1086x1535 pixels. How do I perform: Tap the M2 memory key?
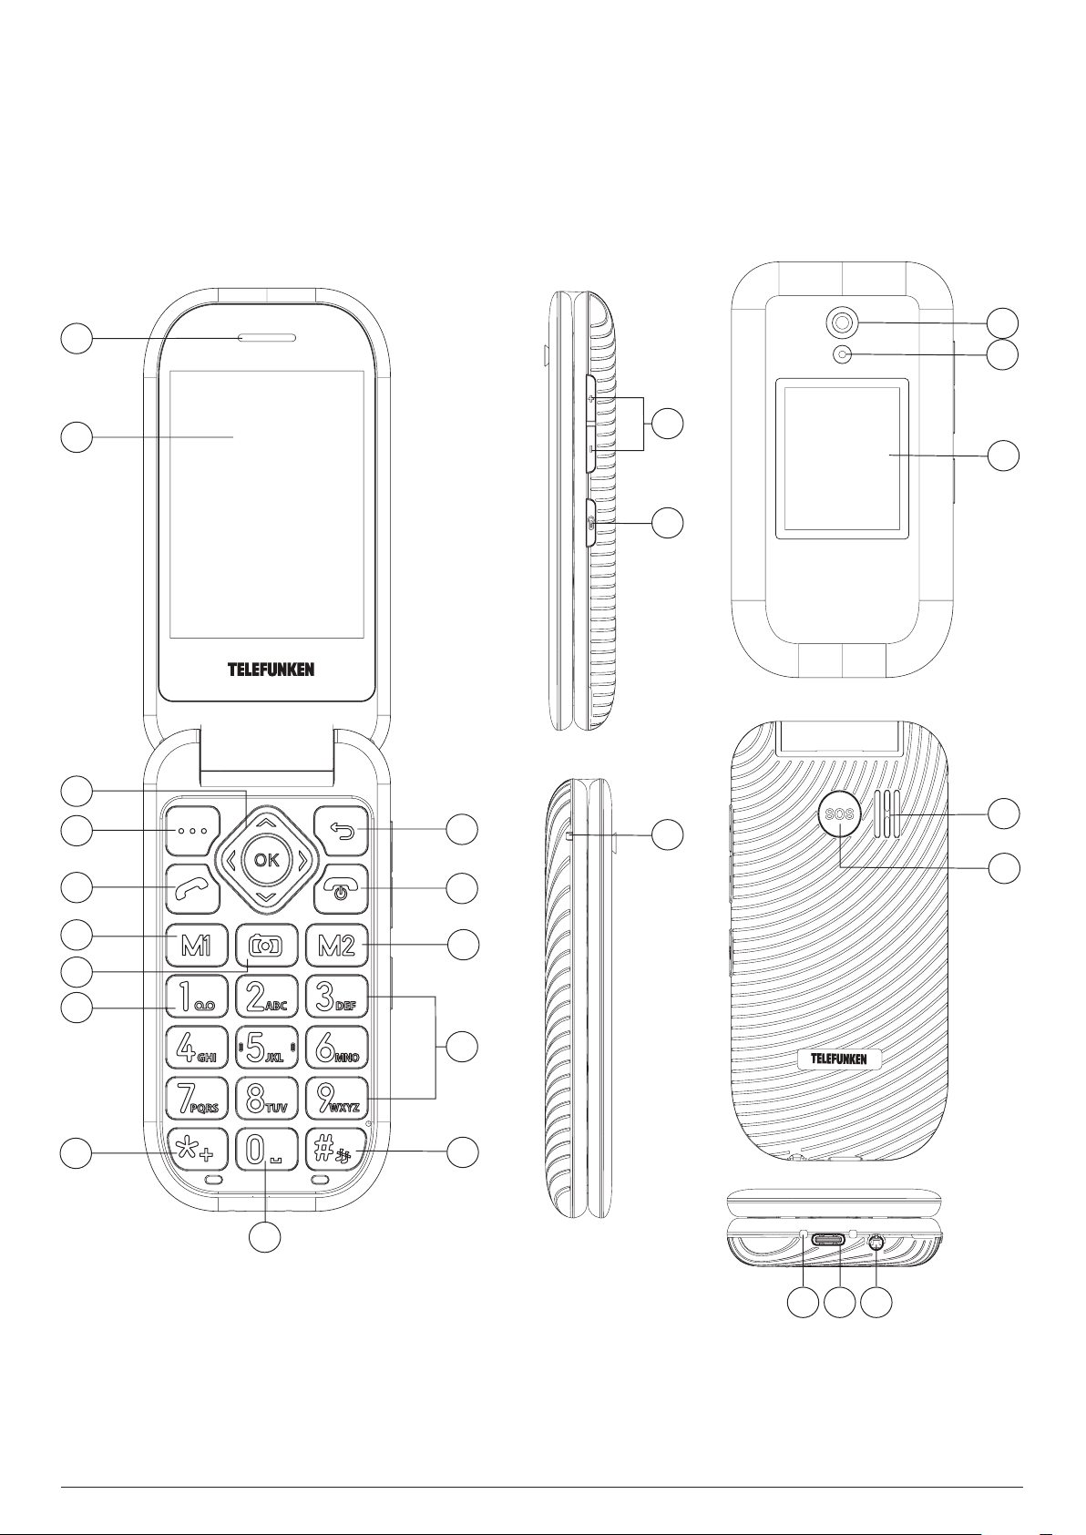[x=336, y=946]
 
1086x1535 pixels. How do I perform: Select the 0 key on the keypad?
[x=266, y=1151]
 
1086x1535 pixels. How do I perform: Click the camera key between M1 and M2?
[x=266, y=946]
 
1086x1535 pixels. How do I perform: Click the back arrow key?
[x=342, y=830]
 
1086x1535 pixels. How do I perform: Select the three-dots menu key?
[x=193, y=831]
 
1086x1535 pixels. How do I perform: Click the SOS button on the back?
[x=839, y=814]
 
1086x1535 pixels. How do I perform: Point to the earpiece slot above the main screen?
[x=266, y=339]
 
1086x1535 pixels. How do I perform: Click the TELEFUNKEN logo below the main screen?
[x=271, y=670]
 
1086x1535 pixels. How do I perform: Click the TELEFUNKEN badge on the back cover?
[x=839, y=1059]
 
